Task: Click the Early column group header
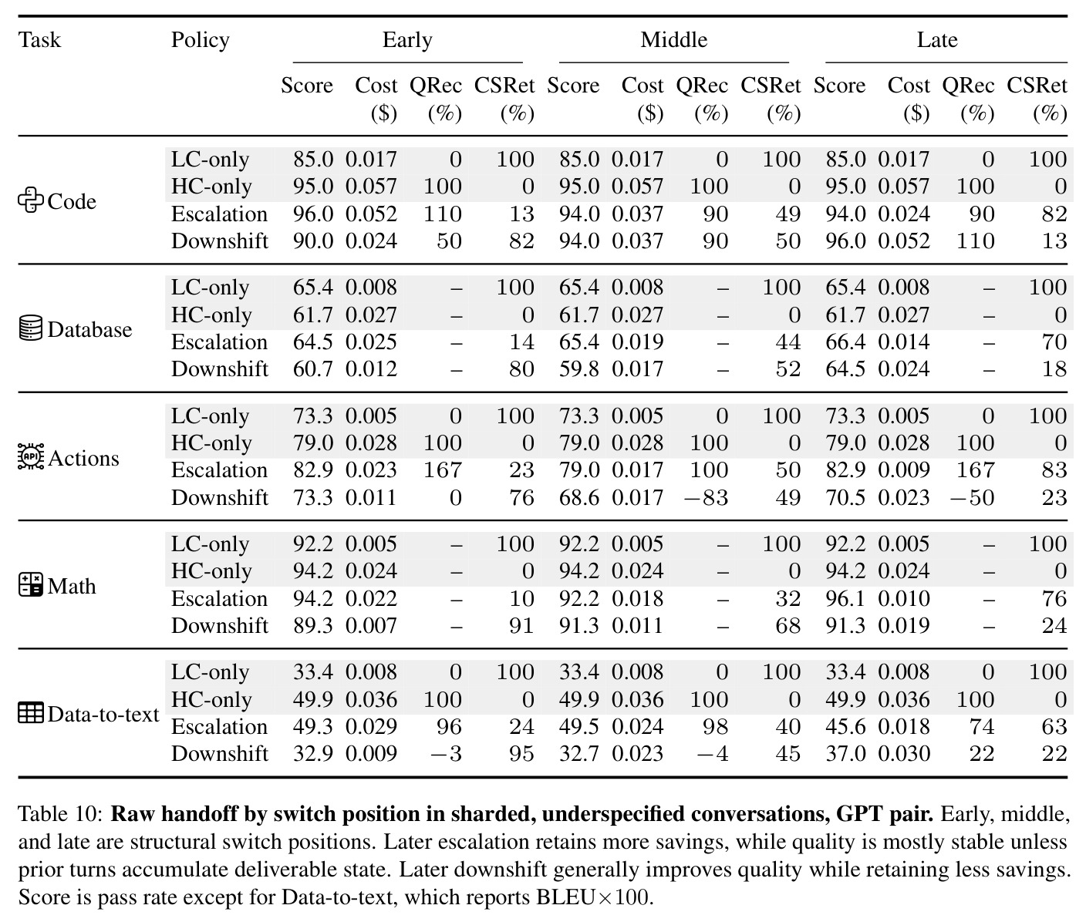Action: (x=407, y=40)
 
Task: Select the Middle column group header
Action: (x=673, y=40)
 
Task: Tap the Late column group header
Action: (x=937, y=40)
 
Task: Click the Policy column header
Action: (x=201, y=40)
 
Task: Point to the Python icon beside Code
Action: (x=31, y=200)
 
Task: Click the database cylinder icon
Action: (x=31, y=328)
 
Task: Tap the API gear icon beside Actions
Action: (x=31, y=456)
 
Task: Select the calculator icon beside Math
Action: (x=31, y=584)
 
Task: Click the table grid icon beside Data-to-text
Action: (x=31, y=713)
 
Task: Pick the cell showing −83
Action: (x=706, y=498)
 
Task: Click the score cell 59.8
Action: (x=579, y=369)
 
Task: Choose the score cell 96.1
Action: (x=845, y=598)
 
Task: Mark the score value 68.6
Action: (x=579, y=498)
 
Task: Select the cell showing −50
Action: (x=972, y=498)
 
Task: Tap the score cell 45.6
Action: (x=845, y=727)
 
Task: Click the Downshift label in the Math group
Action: (x=220, y=626)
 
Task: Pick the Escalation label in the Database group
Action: (x=220, y=342)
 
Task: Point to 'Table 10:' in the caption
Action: (x=60, y=814)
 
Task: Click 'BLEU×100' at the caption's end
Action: (x=594, y=897)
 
